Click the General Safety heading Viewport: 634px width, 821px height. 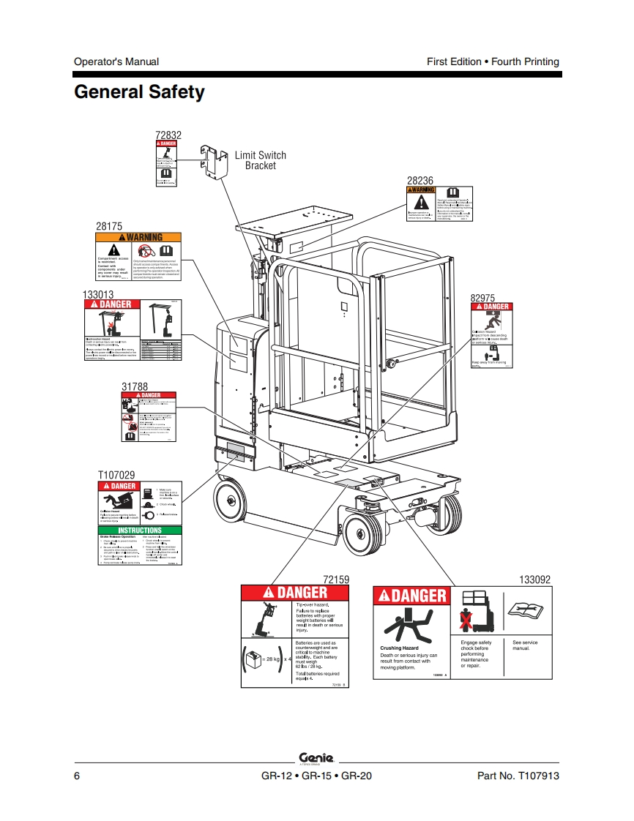[x=139, y=93]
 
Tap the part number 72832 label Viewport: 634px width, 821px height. [x=168, y=135]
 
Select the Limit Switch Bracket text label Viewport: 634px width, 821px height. [x=261, y=160]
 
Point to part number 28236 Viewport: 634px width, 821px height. [x=420, y=180]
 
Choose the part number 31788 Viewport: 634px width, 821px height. [x=135, y=386]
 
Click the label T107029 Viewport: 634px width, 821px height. [x=116, y=476]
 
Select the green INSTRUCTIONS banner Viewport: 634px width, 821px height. [x=139, y=531]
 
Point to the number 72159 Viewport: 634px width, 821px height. [x=336, y=579]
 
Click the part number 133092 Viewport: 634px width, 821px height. [x=534, y=579]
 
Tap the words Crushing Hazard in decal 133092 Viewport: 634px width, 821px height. [x=400, y=648]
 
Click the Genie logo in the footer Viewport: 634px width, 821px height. [x=316, y=758]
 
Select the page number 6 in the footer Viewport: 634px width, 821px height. [x=77, y=776]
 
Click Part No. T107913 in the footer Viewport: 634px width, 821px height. [x=518, y=776]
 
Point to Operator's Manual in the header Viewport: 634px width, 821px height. [x=116, y=62]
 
